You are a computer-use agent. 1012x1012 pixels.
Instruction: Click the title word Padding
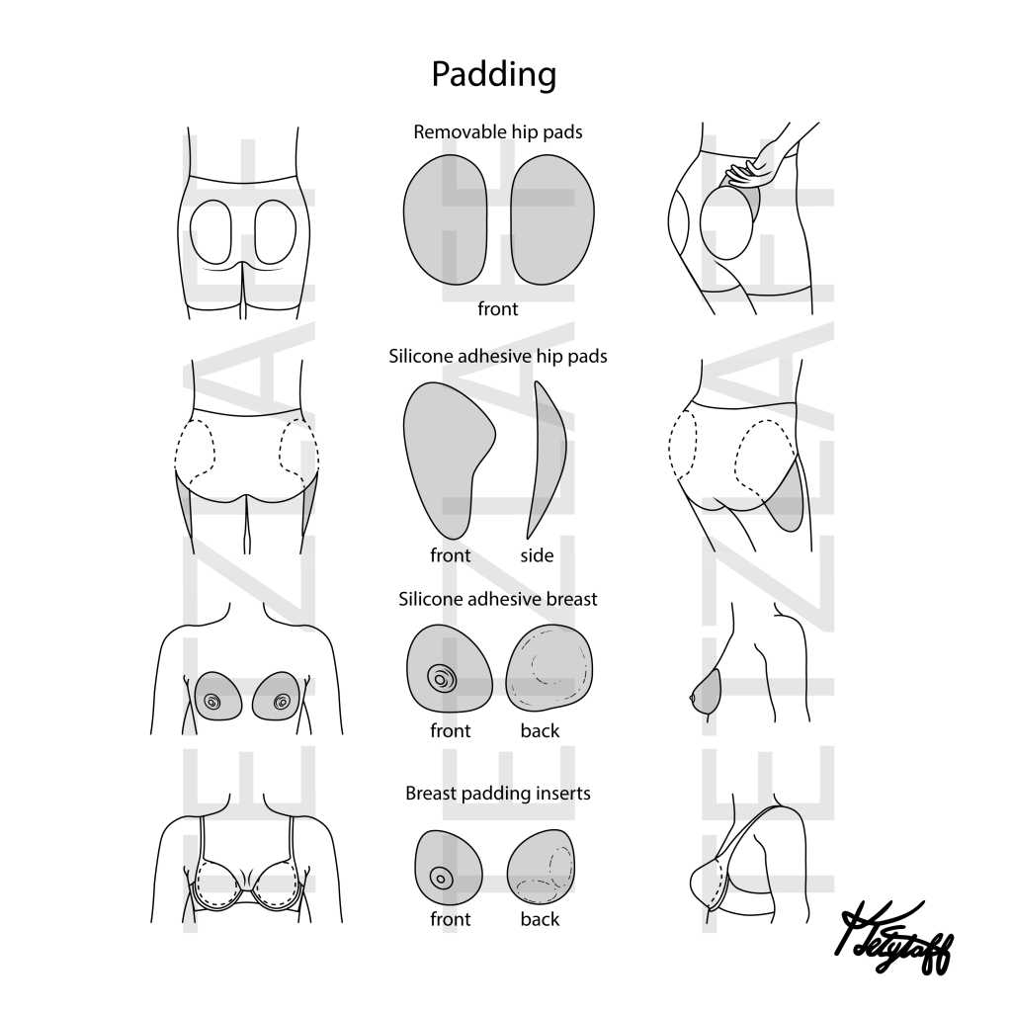[x=493, y=74]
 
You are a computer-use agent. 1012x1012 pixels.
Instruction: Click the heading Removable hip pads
[x=497, y=131]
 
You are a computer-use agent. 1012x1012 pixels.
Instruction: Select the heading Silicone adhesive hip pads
[x=497, y=356]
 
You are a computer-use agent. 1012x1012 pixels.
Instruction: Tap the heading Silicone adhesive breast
[x=497, y=599]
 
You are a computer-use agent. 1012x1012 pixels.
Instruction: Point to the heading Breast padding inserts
[x=497, y=793]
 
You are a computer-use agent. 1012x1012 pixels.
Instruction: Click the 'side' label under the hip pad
[x=537, y=555]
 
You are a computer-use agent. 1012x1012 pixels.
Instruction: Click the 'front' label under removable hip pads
[x=497, y=309]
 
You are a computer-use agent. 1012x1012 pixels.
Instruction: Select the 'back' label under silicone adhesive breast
[x=540, y=731]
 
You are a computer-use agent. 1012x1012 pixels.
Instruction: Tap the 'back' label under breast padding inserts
[x=540, y=919]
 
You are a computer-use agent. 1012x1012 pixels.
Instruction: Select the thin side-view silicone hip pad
[x=546, y=455]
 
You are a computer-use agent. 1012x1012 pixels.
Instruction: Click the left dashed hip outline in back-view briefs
[x=195, y=450]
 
